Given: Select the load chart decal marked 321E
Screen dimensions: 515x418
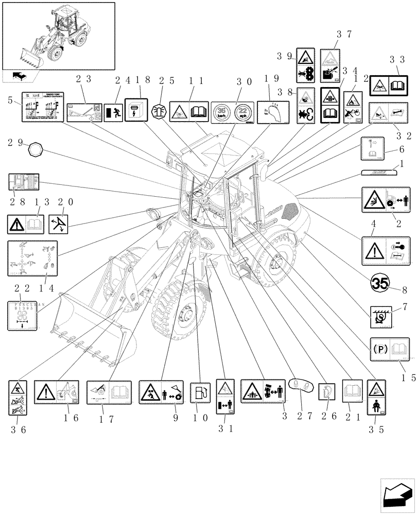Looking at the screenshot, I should [42, 107].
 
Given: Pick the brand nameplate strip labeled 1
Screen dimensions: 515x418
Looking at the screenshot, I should [379, 173].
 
